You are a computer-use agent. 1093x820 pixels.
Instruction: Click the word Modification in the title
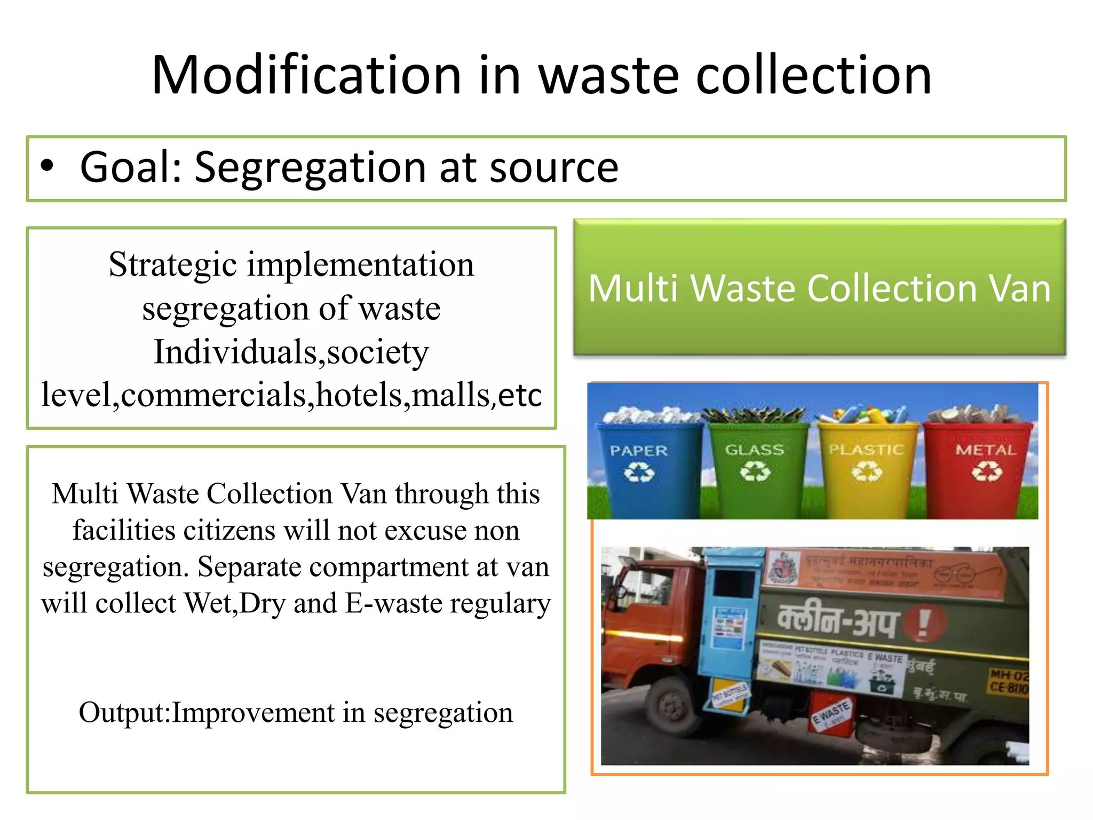coord(306,75)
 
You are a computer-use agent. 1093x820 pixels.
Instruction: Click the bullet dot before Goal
coord(47,166)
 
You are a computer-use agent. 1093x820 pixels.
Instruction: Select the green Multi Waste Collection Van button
coord(819,287)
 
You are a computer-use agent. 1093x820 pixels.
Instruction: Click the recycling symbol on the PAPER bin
coord(639,472)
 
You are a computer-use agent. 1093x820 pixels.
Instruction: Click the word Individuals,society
coord(291,352)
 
